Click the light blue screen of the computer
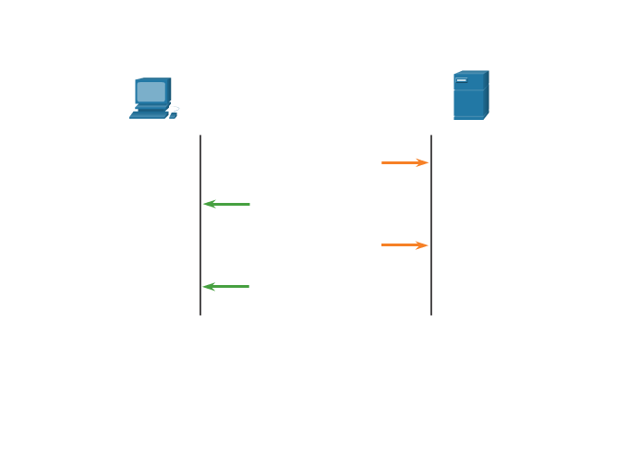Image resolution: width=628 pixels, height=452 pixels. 151,91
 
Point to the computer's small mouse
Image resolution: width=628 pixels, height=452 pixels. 173,115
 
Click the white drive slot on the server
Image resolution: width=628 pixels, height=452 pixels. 462,80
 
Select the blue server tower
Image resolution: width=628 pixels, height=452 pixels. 470,96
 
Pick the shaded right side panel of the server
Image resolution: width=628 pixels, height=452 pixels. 486,94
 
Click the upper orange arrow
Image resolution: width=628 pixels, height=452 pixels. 405,162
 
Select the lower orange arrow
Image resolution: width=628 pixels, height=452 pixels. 405,245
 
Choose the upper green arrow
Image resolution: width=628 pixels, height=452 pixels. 226,204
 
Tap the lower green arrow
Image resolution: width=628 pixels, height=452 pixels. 226,287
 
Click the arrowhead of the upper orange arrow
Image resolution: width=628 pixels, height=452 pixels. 423,162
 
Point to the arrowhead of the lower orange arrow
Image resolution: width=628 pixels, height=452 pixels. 423,245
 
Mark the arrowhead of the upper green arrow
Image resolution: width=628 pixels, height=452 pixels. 208,204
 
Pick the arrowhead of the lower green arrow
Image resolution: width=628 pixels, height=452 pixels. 208,287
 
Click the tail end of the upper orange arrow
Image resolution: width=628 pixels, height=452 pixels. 383,162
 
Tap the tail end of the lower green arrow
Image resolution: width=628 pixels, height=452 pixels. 248,287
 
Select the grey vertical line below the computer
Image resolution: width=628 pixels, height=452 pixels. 200,240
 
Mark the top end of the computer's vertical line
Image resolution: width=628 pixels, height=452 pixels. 200,137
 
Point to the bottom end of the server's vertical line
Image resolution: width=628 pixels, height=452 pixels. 431,314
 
